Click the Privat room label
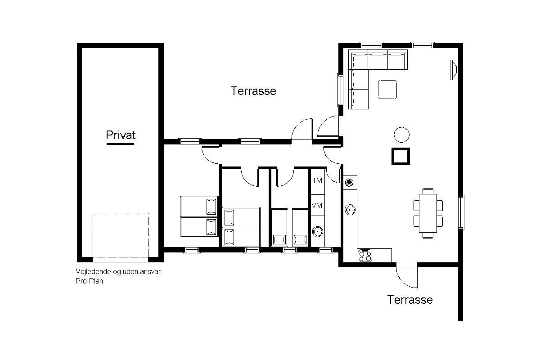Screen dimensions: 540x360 [x=121, y=135]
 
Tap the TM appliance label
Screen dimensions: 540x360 [x=317, y=180]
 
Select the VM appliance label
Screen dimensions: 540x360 [x=317, y=206]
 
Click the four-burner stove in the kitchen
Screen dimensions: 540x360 [x=365, y=256]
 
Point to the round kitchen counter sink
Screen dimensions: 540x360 [x=350, y=210]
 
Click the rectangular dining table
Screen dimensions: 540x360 [x=428, y=213]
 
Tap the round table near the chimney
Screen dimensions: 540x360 [x=401, y=135]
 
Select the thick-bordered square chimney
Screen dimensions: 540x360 [x=400, y=156]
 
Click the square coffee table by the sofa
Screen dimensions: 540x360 [x=387, y=90]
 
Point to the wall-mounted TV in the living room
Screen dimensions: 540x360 [x=453, y=70]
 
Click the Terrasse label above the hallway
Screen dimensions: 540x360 [x=253, y=91]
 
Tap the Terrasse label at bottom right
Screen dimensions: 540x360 [x=410, y=300]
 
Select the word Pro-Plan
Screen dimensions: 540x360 [x=89, y=281]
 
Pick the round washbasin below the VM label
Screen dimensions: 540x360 [x=318, y=232]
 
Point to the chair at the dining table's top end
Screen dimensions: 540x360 [x=428, y=191]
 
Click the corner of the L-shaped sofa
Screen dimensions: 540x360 [x=359, y=60]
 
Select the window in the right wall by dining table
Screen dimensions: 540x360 [x=461, y=212]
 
